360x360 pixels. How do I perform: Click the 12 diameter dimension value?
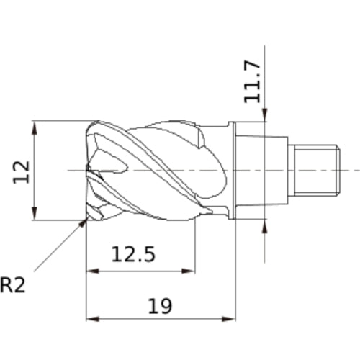[21, 172]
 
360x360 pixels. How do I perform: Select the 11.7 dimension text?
[252, 82]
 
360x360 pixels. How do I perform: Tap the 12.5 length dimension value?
[133, 254]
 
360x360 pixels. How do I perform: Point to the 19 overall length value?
[160, 306]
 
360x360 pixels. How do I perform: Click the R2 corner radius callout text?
[12, 285]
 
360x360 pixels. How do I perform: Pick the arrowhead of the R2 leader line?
[83, 222]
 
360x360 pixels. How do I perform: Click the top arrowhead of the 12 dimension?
[35, 127]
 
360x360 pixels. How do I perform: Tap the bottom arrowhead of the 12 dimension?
[35, 214]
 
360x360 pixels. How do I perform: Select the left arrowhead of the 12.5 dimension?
[93, 271]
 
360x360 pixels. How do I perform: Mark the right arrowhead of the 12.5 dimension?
[189, 271]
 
